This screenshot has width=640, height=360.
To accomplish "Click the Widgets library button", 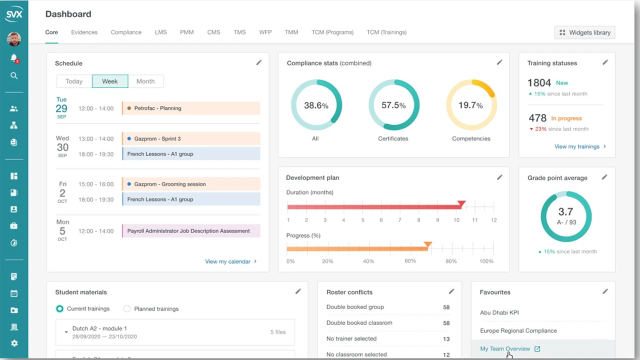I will pyautogui.click(x=584, y=32).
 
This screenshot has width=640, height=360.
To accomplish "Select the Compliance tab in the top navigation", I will pyautogui.click(x=126, y=32).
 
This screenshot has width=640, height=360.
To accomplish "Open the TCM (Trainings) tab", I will pyautogui.click(x=386, y=32).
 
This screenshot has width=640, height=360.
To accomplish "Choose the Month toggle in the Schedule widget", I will pyautogui.click(x=145, y=81).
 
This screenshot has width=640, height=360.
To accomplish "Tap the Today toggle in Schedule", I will pyautogui.click(x=74, y=81).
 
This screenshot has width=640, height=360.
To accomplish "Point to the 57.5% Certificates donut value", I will pyautogui.click(x=393, y=105).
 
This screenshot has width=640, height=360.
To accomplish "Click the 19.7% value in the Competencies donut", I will pyautogui.click(x=471, y=105).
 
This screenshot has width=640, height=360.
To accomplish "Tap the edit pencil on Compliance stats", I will pyautogui.click(x=499, y=62).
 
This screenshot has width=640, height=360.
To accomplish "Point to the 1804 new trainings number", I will pyautogui.click(x=539, y=83).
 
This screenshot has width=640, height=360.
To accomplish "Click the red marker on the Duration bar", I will pyautogui.click(x=461, y=203).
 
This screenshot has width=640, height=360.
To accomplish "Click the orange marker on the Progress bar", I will pyautogui.click(x=427, y=245).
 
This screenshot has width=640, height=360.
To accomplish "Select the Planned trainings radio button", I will pyautogui.click(x=127, y=309).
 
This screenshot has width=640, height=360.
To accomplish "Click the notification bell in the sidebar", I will pyautogui.click(x=14, y=58).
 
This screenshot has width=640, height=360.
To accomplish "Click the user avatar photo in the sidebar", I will pyautogui.click(x=14, y=39).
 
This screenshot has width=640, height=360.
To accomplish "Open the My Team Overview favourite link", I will pyautogui.click(x=505, y=349).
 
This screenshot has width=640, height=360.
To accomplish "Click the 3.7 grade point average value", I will pyautogui.click(x=565, y=212).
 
